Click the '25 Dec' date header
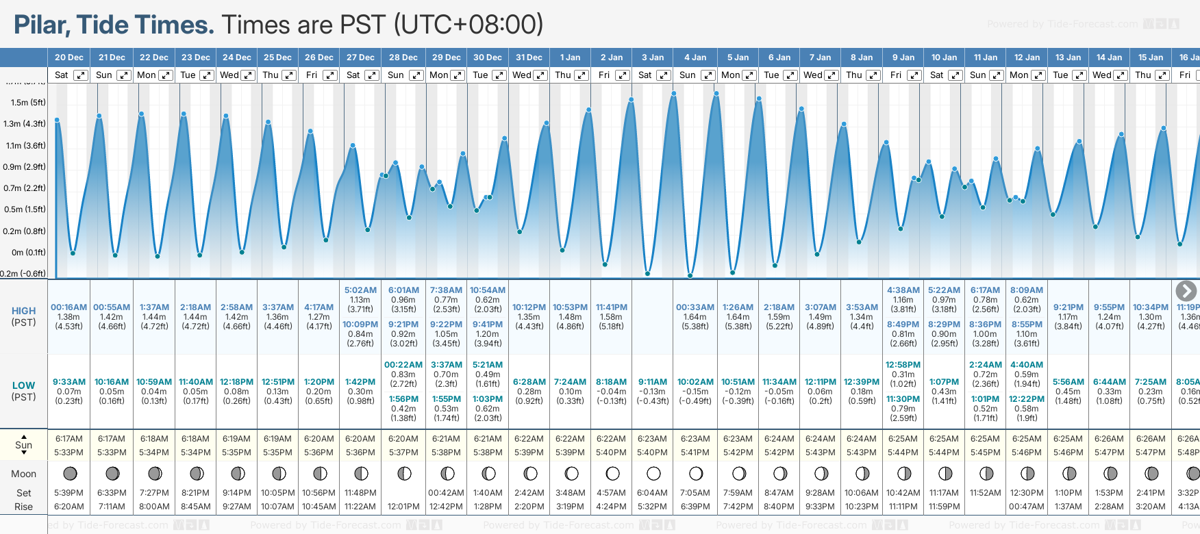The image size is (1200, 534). tap(277, 58)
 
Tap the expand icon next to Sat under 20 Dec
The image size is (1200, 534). tap(81, 75)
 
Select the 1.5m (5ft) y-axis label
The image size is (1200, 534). tap(28, 103)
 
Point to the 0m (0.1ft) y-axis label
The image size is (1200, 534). tap(28, 253)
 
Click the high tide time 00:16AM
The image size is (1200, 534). tap(68, 307)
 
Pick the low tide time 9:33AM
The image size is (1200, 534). tap(69, 382)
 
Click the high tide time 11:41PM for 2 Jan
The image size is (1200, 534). tap(611, 307)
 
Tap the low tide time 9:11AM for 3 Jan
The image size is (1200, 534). tap(652, 382)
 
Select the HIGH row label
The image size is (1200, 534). tap(23, 311)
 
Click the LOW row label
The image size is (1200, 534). tap(23, 385)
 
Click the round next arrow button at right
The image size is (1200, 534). tap(1186, 291)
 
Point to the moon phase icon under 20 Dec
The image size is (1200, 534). tap(69, 473)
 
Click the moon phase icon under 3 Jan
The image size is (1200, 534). tap(653, 473)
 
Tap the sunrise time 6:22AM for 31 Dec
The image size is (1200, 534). tap(529, 439)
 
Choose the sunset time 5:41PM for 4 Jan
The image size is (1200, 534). tap(695, 453)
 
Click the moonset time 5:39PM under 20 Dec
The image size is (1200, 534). tap(68, 493)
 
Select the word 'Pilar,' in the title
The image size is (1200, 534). tap(42, 25)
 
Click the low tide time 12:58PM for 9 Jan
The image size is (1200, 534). tap(903, 365)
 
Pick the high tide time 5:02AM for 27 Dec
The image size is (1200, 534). tap(360, 290)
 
